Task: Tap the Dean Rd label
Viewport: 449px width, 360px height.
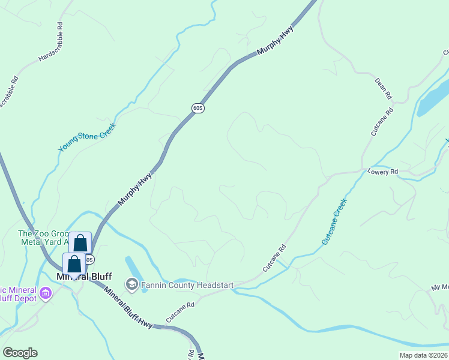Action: pyautogui.click(x=383, y=88)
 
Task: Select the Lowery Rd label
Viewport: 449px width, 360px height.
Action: pyautogui.click(x=385, y=172)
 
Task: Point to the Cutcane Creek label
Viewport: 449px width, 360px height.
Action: pyautogui.click(x=334, y=222)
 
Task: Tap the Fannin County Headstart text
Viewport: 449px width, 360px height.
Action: pyautogui.click(x=187, y=285)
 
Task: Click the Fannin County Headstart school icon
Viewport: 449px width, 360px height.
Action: pyautogui.click(x=131, y=283)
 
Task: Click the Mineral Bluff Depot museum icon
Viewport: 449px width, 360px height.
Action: pyautogui.click(x=46, y=293)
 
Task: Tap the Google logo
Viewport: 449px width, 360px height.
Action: pyautogui.click(x=20, y=353)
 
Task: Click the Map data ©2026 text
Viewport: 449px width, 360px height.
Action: pyautogui.click(x=423, y=355)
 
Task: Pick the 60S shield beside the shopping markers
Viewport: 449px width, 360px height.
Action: pyautogui.click(x=89, y=259)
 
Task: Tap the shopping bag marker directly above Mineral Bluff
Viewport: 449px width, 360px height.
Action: pyautogui.click(x=74, y=263)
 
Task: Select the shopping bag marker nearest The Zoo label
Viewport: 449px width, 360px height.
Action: pyautogui.click(x=80, y=243)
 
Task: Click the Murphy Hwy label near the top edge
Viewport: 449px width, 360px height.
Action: pyautogui.click(x=274, y=41)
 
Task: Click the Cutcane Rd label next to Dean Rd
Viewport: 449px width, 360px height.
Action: pyautogui.click(x=382, y=122)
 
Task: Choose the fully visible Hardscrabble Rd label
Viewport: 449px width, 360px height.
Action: pyautogui.click(x=50, y=42)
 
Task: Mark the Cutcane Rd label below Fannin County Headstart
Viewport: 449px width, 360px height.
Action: pyautogui.click(x=181, y=312)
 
